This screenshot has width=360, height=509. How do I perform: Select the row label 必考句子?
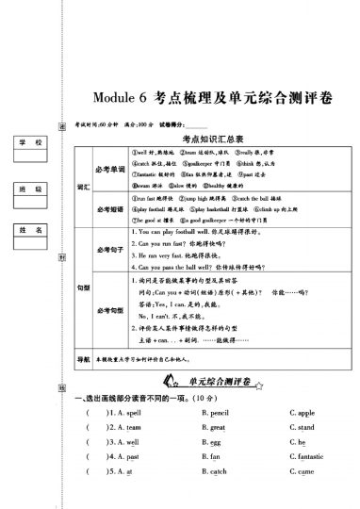pyautogui.click(x=104, y=249)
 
